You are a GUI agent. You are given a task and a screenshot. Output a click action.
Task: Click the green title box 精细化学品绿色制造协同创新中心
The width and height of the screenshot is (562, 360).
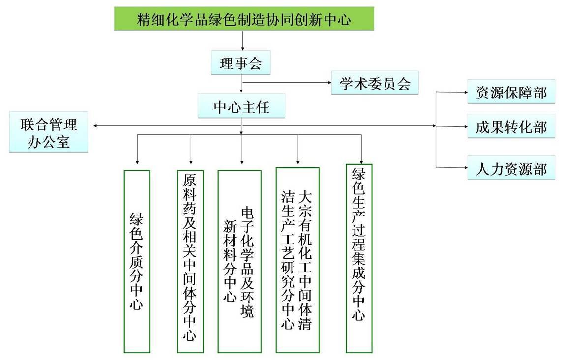click(244, 19)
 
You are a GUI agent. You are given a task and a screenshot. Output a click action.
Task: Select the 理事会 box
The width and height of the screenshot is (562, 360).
click(240, 62)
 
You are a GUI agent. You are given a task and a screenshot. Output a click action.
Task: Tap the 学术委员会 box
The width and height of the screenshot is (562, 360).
click(375, 83)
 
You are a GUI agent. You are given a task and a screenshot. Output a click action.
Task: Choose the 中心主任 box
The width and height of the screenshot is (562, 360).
click(241, 106)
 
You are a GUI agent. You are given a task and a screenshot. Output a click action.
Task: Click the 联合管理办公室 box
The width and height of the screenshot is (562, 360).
click(49, 132)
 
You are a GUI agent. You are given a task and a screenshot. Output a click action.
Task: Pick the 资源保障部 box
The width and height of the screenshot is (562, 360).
click(511, 92)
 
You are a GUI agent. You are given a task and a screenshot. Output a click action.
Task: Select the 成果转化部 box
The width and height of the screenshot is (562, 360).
click(511, 127)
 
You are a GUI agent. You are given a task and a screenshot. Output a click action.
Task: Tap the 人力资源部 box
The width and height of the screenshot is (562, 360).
click(511, 168)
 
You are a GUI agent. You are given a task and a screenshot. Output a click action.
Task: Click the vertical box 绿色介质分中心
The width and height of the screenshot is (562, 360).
click(137, 261)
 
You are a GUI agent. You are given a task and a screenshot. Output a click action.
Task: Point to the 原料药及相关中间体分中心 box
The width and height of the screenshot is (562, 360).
click(190, 261)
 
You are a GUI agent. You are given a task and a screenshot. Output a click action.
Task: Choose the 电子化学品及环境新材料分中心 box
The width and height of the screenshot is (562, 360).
click(239, 261)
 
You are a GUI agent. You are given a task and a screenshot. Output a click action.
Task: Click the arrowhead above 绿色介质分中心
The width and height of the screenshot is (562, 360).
click(137, 161)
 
